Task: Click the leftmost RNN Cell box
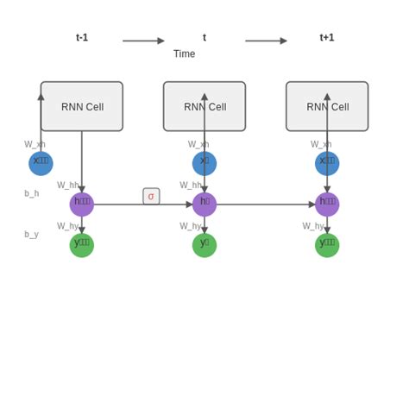point(82,106)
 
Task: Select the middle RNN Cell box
point(204,106)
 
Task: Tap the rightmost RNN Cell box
point(327,106)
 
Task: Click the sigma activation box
point(151,196)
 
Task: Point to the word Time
point(184,53)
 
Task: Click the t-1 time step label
point(82,37)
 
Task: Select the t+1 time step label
point(327,37)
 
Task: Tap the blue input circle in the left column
point(41,163)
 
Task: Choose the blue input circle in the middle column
point(204,163)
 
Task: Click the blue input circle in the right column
point(327,163)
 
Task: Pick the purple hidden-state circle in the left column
point(82,204)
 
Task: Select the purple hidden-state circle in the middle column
point(204,204)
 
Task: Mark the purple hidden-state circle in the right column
point(327,204)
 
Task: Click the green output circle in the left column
point(82,245)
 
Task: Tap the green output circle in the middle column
point(204,245)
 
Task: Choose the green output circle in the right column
point(327,245)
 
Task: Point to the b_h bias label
point(31,193)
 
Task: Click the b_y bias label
point(31,234)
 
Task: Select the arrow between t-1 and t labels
point(143,41)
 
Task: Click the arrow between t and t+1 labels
point(266,41)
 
